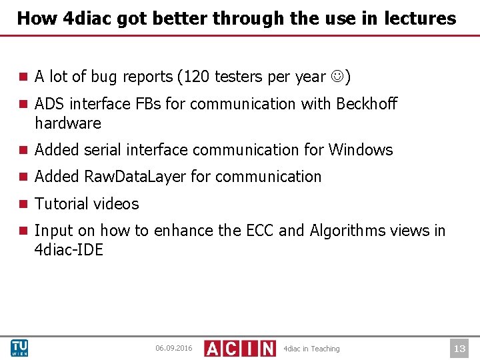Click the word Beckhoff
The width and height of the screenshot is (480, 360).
pos(367,104)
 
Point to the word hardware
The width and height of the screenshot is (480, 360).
pos(68,124)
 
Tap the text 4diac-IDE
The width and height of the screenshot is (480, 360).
pos(69,251)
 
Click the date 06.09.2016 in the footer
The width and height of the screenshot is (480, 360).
pos(173,349)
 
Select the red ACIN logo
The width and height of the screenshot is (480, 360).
pos(239,348)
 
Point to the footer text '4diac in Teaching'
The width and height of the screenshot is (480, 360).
pos(311,349)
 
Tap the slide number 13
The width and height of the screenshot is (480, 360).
pos(459,348)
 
